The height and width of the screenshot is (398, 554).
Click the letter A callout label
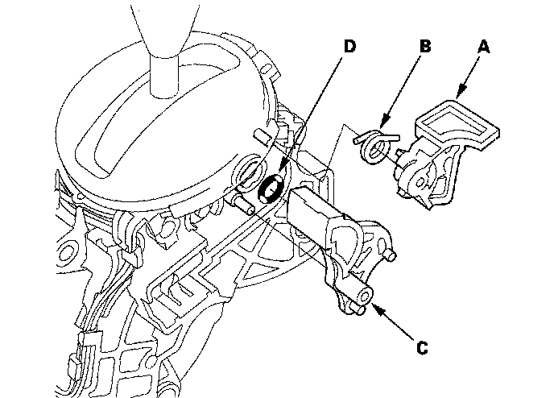click(484, 48)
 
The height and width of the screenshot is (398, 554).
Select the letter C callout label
click(422, 348)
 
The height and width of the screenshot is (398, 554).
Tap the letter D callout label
click(349, 46)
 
